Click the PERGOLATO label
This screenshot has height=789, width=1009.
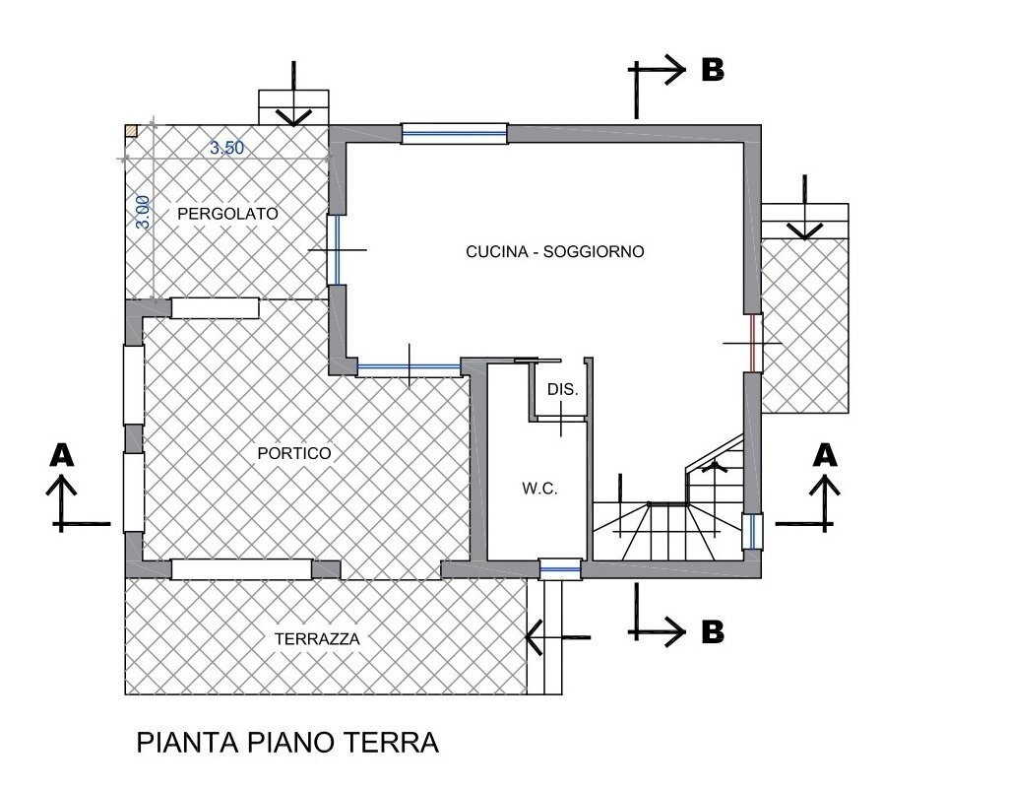[x=227, y=213]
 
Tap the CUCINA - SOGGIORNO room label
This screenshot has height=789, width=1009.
[x=554, y=252]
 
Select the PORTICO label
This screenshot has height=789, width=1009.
[x=293, y=453]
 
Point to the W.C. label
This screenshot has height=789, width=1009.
[x=539, y=488]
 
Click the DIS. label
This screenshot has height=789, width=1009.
[x=563, y=390]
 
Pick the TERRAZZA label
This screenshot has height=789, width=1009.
[x=317, y=638]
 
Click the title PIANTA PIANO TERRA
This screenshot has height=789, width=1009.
[x=287, y=743]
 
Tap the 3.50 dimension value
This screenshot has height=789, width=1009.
[x=226, y=149]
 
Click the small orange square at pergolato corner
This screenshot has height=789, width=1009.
[x=131, y=130]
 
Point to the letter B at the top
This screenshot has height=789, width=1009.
[x=712, y=70]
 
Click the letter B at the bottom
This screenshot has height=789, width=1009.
[x=712, y=631]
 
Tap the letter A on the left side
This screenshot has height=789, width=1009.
[x=62, y=454]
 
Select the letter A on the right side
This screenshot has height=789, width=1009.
[x=825, y=454]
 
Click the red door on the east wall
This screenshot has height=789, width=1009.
[x=753, y=343]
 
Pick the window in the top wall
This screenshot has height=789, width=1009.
[x=454, y=133]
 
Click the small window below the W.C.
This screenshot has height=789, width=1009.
[x=560, y=568]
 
